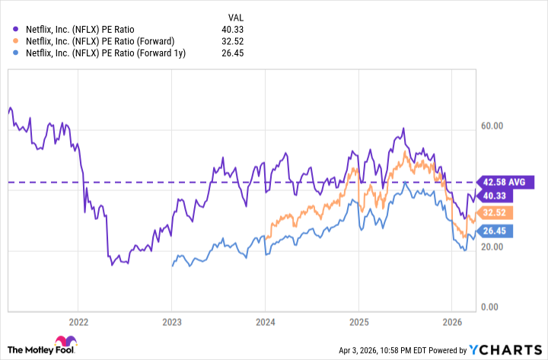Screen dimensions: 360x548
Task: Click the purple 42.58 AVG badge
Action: (x=505, y=182)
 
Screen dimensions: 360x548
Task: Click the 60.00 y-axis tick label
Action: (x=496, y=126)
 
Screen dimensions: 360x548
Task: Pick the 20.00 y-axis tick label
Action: (x=496, y=247)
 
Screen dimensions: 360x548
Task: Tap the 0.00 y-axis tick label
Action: (x=495, y=307)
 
